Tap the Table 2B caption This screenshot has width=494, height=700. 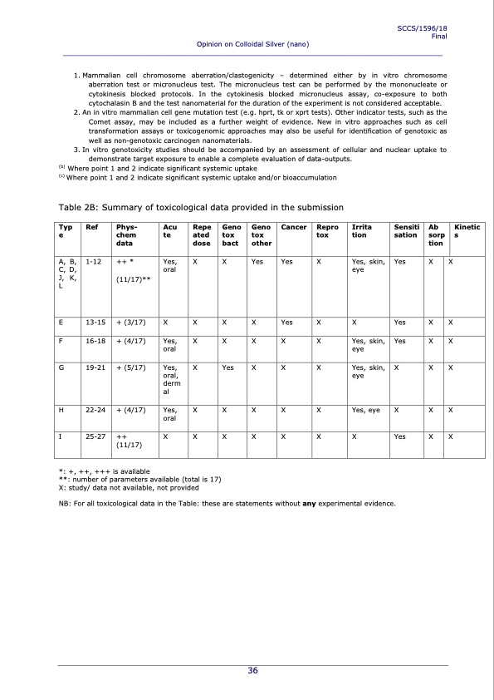(199, 206)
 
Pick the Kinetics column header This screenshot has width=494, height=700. (469, 230)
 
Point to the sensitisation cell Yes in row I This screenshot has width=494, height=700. (401, 435)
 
